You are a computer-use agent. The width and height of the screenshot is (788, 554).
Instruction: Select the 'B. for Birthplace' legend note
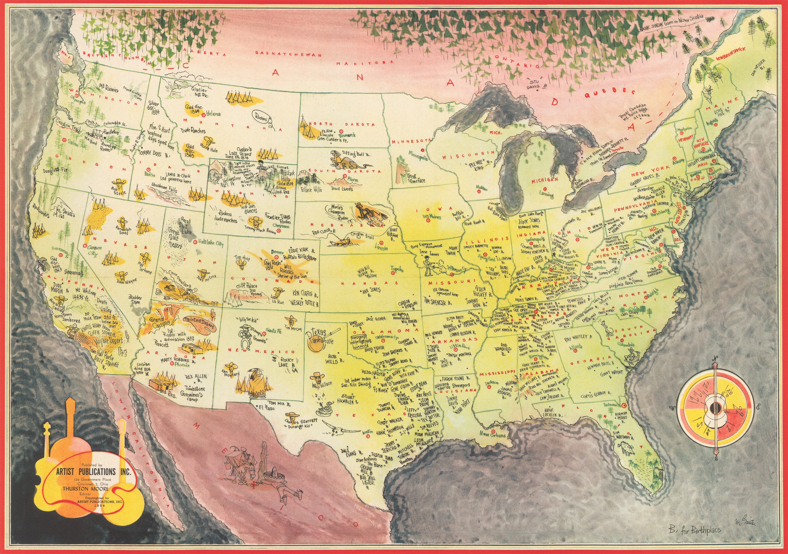694,530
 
